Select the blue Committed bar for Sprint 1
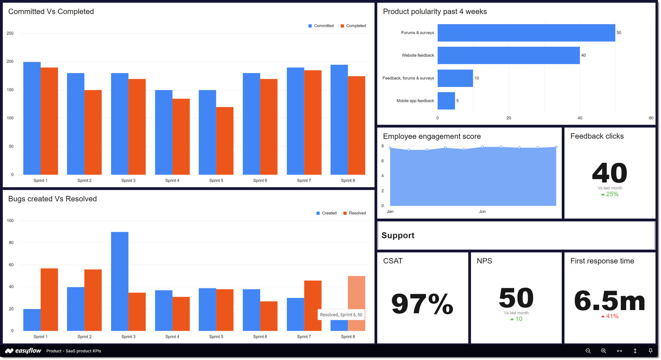point(32,118)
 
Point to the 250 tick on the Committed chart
point(10,33)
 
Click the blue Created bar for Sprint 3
point(120,281)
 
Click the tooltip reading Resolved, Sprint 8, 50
point(341,315)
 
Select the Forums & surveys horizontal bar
point(526,33)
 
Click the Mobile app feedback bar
point(446,101)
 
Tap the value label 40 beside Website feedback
point(583,56)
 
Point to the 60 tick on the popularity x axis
point(651,118)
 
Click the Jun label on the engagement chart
point(482,212)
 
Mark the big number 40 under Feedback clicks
point(609,173)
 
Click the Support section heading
point(398,235)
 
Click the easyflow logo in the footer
point(23,351)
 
